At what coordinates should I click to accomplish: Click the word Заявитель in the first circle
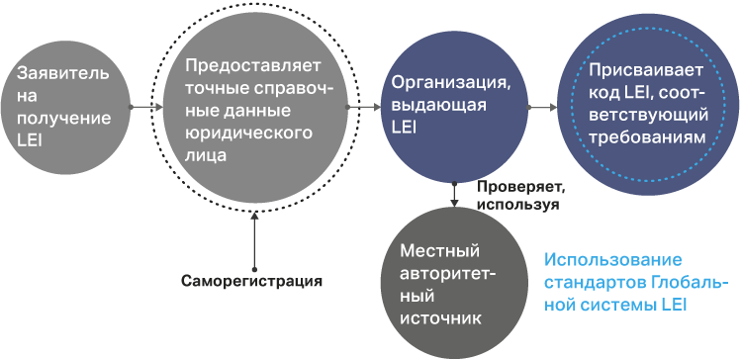point(63,74)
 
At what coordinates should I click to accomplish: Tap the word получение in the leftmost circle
point(64,118)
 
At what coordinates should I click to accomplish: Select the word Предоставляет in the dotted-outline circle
point(253,65)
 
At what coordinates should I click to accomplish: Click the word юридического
point(249,134)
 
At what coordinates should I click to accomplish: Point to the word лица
point(206,156)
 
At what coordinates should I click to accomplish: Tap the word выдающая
point(439,105)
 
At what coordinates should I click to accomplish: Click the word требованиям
point(648,137)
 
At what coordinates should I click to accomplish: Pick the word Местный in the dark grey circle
point(439,251)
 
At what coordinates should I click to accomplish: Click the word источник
point(441,318)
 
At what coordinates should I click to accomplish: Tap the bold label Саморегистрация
point(251,281)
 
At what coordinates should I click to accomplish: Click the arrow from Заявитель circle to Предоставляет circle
point(146,107)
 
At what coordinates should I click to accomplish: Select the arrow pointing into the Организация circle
point(364,108)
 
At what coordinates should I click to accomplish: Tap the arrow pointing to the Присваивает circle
point(542,108)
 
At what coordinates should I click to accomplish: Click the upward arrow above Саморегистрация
point(254,240)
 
